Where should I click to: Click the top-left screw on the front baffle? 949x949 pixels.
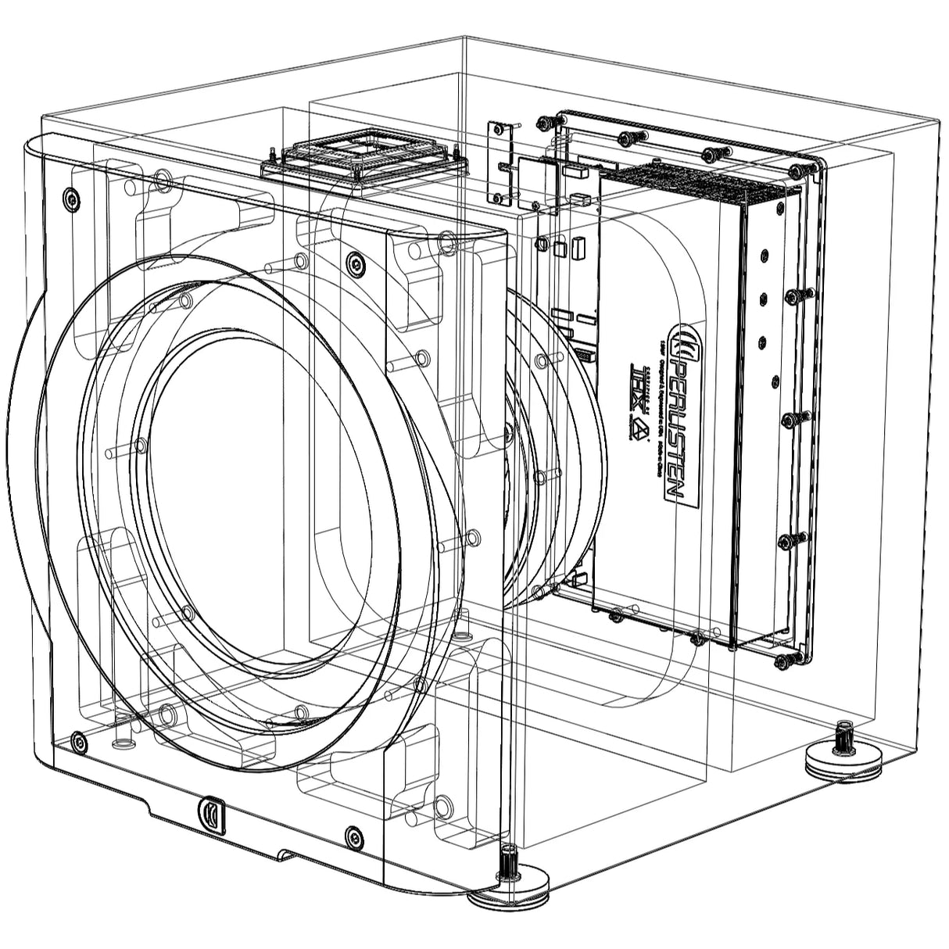(x=71, y=199)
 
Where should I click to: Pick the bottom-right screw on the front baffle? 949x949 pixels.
(x=353, y=835)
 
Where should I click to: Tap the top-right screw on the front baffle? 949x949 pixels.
(x=356, y=264)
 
